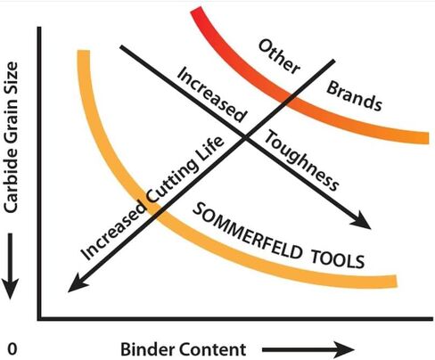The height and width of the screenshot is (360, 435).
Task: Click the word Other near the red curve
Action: tap(279, 56)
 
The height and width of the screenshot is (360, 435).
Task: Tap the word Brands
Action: tap(354, 96)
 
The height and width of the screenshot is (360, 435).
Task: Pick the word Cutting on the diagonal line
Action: tap(173, 179)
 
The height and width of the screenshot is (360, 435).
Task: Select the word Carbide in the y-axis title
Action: tap(11, 185)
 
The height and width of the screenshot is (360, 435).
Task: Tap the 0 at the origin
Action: tap(12, 349)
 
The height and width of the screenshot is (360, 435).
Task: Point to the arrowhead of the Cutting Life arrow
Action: tap(78, 283)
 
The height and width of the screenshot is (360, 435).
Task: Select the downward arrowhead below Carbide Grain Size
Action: tap(11, 288)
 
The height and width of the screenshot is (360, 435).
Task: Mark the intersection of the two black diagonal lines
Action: tap(245, 137)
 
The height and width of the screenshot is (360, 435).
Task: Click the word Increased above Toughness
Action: tap(212, 94)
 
